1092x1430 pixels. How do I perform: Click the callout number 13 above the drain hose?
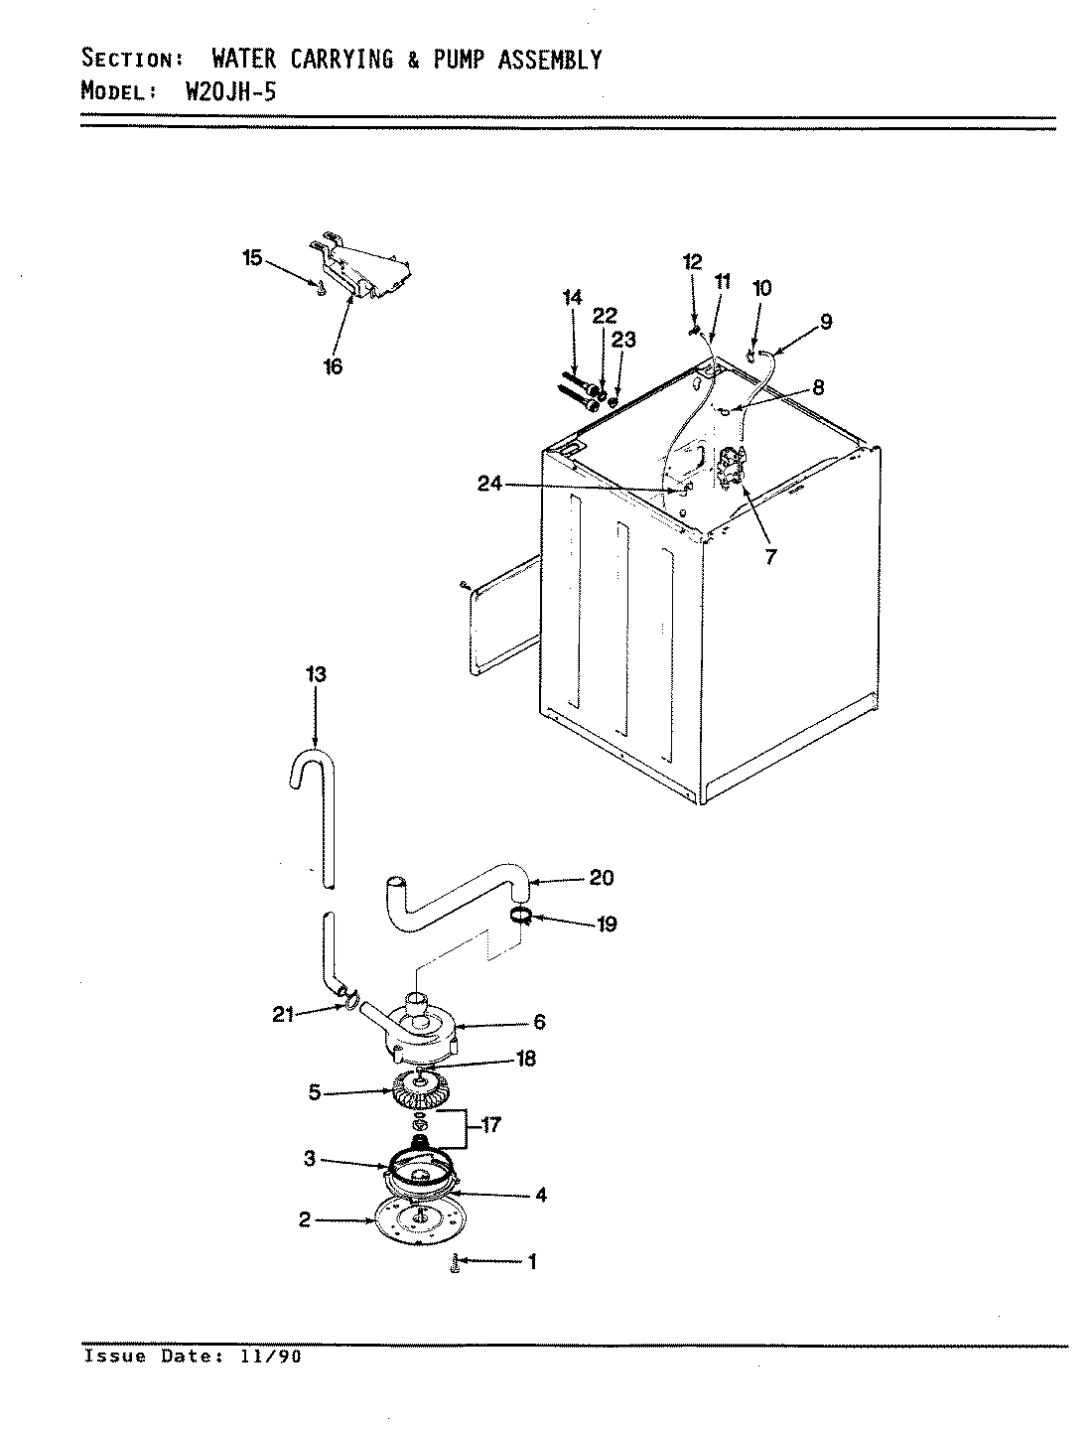[316, 675]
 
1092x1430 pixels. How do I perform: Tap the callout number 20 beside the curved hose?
[601, 878]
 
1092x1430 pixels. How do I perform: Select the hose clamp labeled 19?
[520, 914]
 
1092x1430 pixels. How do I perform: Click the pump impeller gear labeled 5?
[421, 1092]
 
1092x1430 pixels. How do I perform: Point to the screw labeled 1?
[456, 1263]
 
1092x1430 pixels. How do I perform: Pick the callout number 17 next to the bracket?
[489, 1126]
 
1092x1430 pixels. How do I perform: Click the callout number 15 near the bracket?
[252, 258]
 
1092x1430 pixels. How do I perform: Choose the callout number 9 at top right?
[826, 321]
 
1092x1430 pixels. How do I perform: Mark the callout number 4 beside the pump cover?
[541, 1196]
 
